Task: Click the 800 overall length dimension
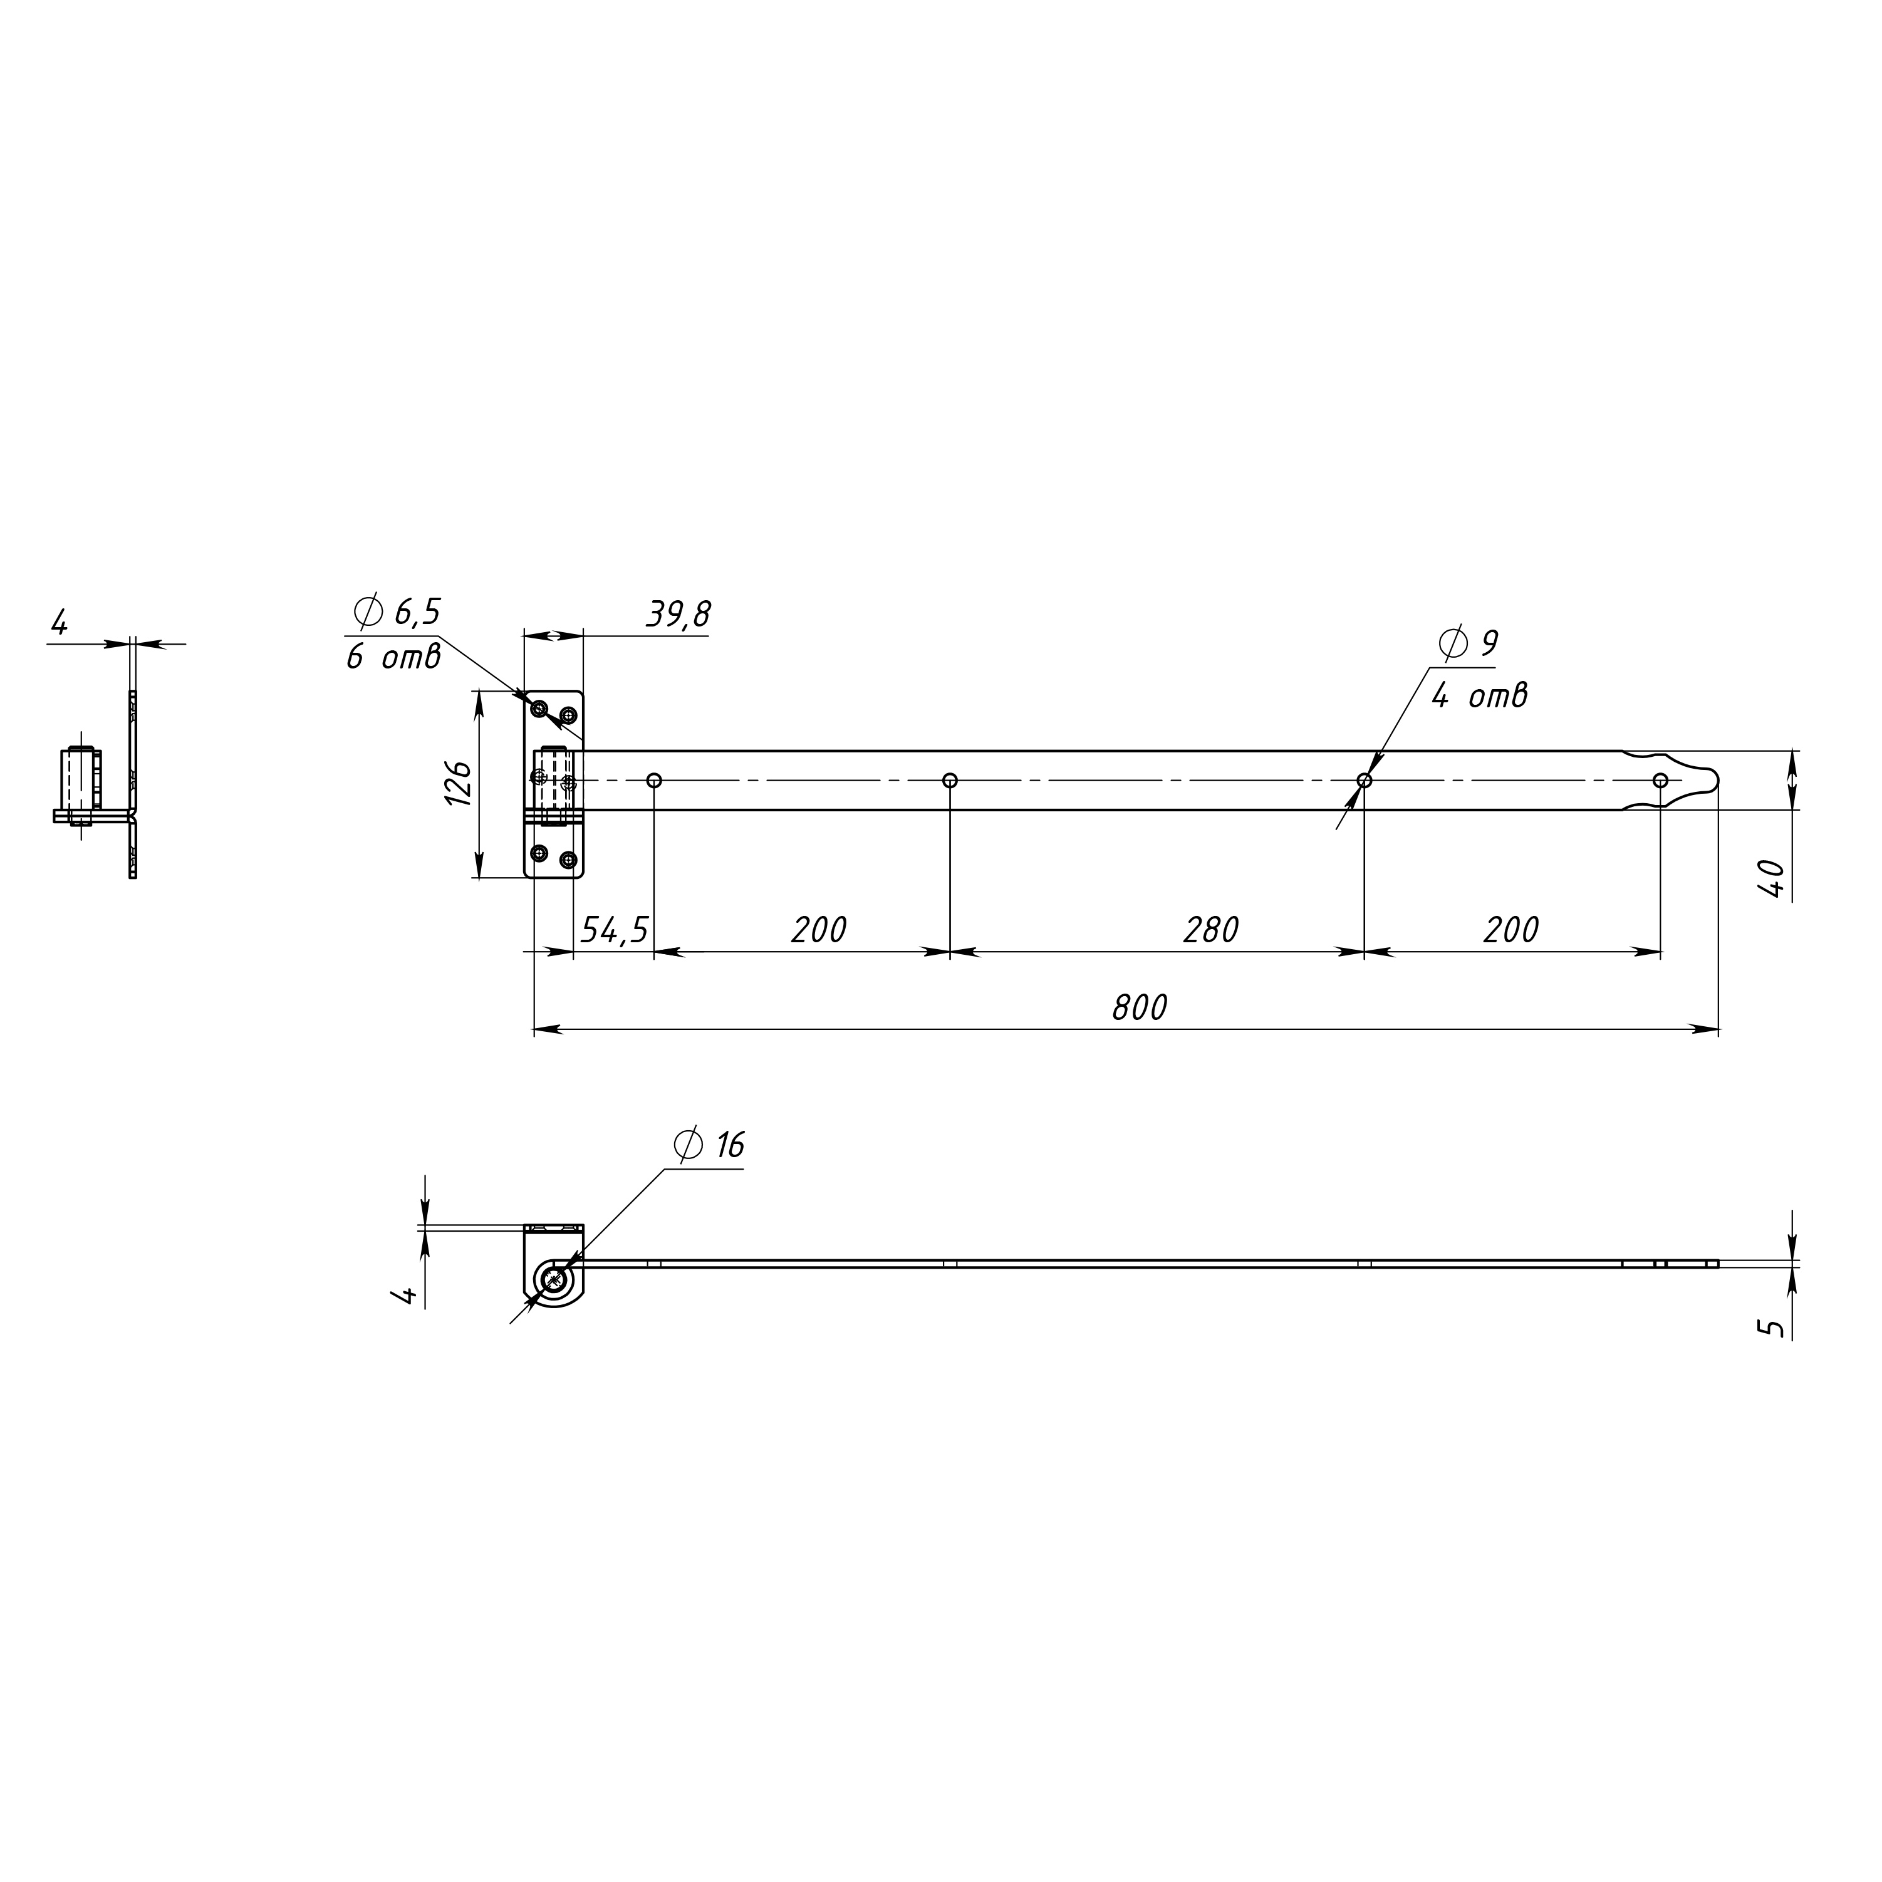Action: pyautogui.click(x=1139, y=1008)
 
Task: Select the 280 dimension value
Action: pyautogui.click(x=1211, y=931)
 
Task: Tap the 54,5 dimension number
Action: pyautogui.click(x=614, y=931)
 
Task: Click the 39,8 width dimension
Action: pyautogui.click(x=678, y=615)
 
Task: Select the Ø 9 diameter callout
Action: pyautogui.click(x=1468, y=644)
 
